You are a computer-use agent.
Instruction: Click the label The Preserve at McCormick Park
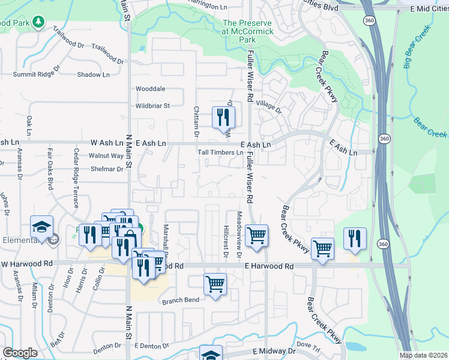coord(247,31)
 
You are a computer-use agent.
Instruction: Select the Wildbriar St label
coord(152,106)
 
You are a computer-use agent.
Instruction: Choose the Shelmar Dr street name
coord(106,169)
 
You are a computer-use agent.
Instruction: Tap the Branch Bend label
coord(180,300)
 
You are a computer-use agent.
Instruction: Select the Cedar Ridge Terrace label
coord(77,178)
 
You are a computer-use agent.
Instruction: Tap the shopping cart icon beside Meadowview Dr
coord(257,235)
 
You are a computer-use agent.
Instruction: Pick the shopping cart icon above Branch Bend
coord(215,284)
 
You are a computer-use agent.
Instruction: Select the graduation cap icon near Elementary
coord(42,226)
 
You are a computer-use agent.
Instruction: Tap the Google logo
coord(20,353)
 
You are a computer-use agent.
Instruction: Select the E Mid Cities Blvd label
coord(429,9)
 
